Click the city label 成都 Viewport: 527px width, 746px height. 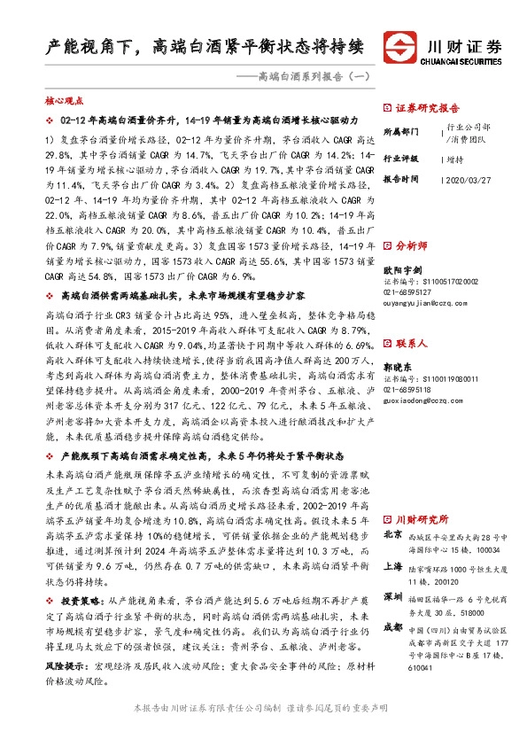point(393,626)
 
